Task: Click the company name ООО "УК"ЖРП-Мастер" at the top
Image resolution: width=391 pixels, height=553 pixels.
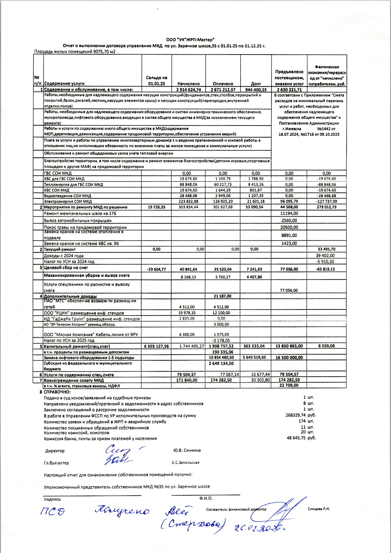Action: coord(190,40)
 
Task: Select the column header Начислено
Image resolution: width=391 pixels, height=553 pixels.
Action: coord(188,84)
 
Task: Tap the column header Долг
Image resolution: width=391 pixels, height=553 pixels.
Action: coord(256,84)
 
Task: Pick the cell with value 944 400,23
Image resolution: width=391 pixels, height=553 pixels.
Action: coord(256,90)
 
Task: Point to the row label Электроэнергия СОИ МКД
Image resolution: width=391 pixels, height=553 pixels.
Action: coord(68,201)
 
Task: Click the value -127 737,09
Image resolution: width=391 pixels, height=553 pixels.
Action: coord(327,201)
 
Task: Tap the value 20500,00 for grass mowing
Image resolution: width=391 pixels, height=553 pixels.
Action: coord(289,227)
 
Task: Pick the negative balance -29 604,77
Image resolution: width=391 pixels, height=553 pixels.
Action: coord(156,269)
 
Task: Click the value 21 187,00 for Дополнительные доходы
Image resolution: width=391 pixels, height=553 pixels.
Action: coord(222,296)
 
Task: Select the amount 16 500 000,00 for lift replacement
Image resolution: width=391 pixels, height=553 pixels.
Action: coord(289,357)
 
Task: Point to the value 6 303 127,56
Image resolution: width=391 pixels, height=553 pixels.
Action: coord(156,346)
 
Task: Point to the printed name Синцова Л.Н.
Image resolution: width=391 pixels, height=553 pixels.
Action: coord(318,509)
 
